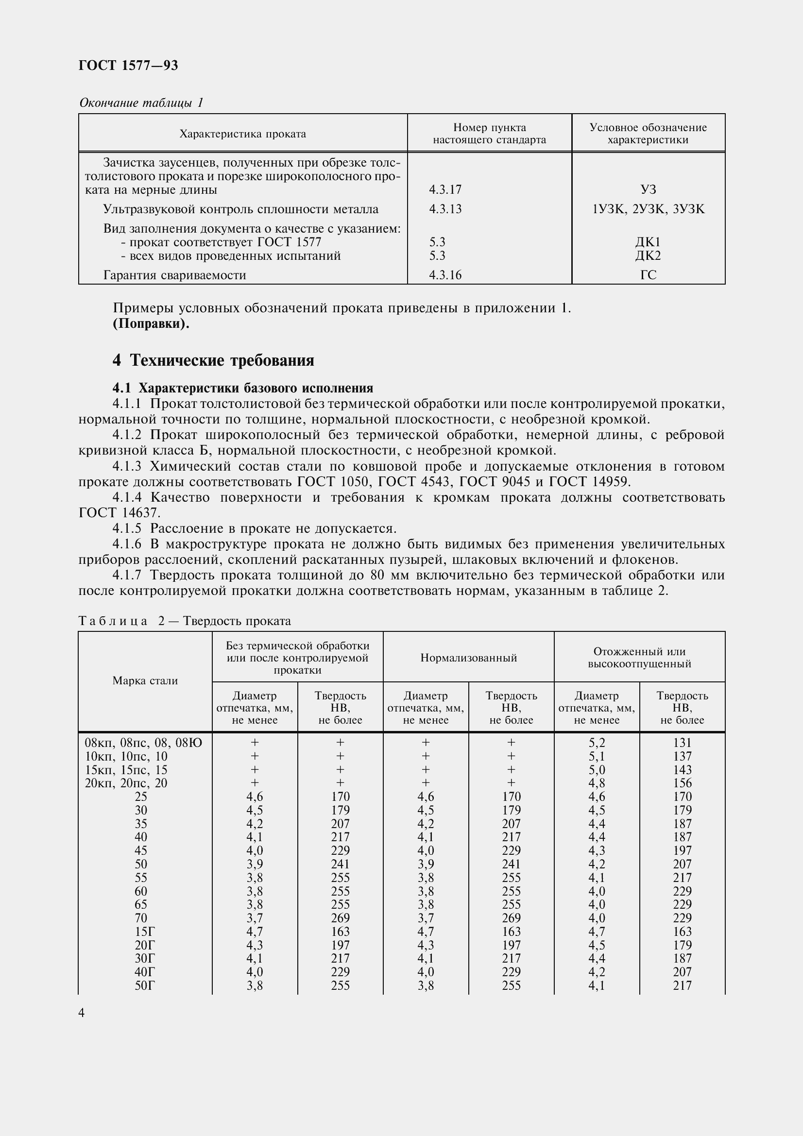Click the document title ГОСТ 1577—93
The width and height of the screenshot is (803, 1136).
[128, 65]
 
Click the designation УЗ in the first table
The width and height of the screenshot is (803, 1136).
[648, 189]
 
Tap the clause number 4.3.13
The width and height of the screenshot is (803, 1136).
[445, 209]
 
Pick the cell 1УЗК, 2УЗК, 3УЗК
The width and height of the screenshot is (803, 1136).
[648, 209]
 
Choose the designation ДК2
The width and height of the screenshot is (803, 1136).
[648, 256]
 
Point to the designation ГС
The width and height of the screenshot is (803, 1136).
[648, 275]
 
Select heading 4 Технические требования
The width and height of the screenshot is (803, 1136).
[213, 360]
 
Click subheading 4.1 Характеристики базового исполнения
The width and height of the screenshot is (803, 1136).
[242, 388]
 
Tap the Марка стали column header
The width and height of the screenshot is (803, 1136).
[145, 681]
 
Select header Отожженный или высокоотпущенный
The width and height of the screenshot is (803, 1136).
[639, 658]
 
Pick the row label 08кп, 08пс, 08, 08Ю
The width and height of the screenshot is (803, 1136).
[143, 743]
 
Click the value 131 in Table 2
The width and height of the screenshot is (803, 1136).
[682, 743]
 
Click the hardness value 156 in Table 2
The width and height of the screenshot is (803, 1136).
[682, 783]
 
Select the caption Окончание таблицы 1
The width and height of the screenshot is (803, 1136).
[141, 103]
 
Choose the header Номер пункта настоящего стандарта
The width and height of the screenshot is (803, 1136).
[489, 134]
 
